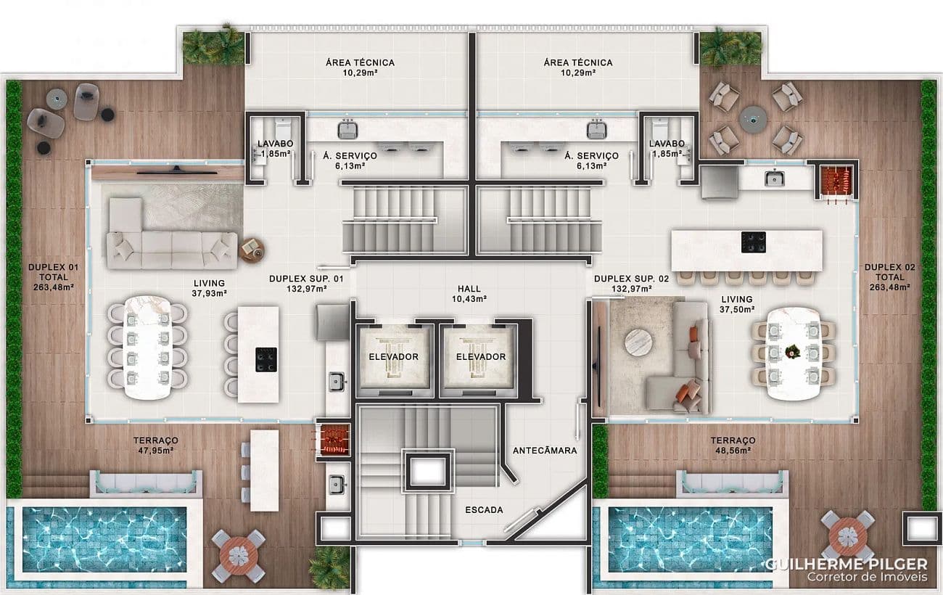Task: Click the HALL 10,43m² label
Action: point(469,294)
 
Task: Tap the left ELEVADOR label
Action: point(394,357)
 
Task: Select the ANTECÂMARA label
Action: point(545,451)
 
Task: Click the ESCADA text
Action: point(484,510)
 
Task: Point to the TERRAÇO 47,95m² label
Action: point(156,446)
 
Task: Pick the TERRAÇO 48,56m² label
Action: point(733,446)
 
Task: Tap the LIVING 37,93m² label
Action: point(209,289)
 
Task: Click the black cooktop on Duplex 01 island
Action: point(266,360)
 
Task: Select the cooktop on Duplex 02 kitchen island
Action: point(754,242)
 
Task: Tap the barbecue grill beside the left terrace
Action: point(334,440)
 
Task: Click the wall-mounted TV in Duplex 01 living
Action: point(177,171)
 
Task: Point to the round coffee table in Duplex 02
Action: point(639,342)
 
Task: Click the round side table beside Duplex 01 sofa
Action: point(252,250)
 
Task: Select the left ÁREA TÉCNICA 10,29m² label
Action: point(360,67)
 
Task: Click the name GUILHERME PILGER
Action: point(847,564)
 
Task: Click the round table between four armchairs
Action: point(753,119)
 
